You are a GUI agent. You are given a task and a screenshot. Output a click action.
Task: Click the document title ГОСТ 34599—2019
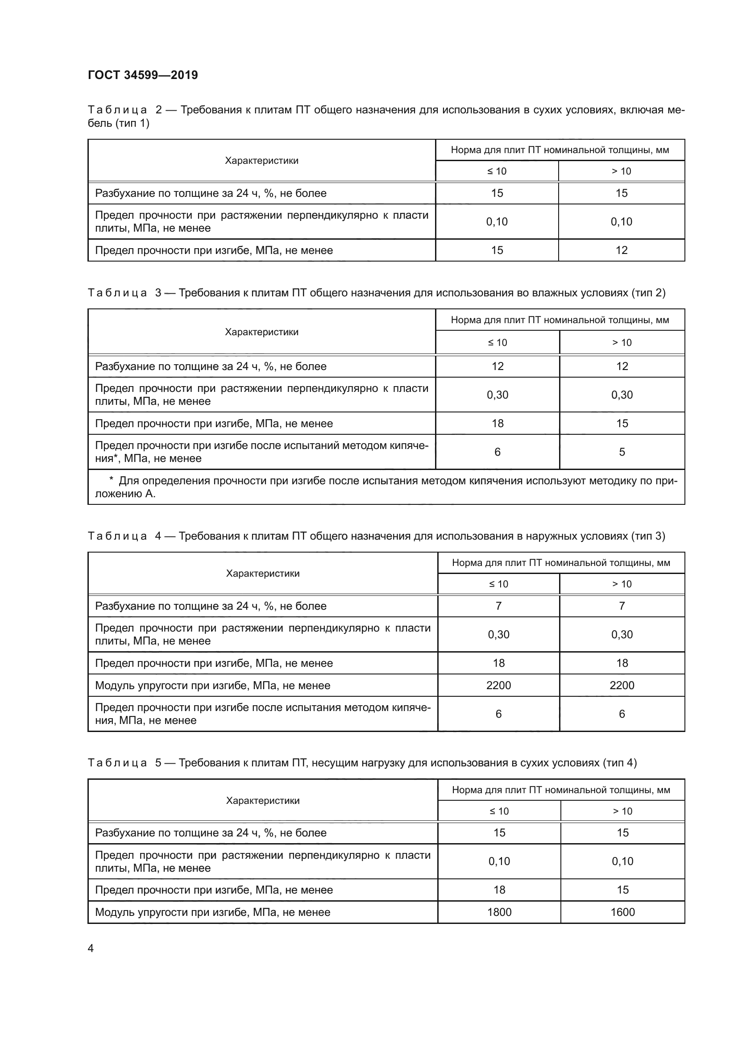pos(143,75)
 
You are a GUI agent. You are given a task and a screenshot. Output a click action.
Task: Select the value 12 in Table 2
pos(621,250)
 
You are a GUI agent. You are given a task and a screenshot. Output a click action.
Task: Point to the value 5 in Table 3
pos(622,452)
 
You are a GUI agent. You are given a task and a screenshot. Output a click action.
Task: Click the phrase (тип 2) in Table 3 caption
pos(648,293)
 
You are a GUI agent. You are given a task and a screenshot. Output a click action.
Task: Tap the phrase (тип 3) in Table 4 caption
pos(647,536)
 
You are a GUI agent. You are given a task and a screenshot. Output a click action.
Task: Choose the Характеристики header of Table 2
pos(262,161)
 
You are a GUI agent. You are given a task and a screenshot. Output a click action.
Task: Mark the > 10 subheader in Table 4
pos(622,584)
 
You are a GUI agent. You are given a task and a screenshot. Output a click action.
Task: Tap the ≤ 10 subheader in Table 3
pos(497,342)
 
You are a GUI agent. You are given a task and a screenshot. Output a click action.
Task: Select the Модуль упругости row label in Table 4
pos(212,685)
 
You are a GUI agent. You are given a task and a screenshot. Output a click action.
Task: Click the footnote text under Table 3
pos(386,487)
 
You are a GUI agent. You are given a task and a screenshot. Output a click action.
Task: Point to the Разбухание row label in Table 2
pos(211,193)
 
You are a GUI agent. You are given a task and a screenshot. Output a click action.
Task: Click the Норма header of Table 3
pos(560,320)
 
